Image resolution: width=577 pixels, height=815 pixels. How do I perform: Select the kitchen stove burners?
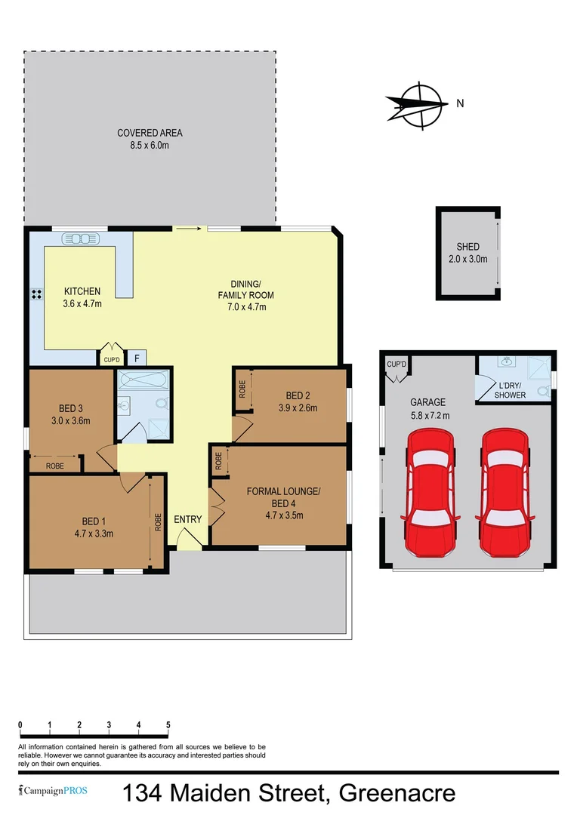point(35,294)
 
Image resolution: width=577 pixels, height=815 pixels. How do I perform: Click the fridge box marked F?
point(137,359)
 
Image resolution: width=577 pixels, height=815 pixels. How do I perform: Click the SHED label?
point(467,247)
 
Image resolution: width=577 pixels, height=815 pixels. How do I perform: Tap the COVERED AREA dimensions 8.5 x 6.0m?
point(150,145)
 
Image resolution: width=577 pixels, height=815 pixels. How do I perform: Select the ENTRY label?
point(188,519)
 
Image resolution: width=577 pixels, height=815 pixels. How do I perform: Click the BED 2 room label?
point(298,395)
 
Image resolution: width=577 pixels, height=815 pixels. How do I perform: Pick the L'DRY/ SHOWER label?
point(510,391)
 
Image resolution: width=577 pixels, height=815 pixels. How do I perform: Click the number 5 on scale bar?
point(168,724)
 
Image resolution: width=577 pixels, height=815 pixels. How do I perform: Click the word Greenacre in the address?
point(397,793)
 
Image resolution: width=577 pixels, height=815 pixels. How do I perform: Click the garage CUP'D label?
point(396,364)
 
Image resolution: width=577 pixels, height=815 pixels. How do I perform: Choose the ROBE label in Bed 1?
point(159,521)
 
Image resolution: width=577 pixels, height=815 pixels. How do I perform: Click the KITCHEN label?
point(82,291)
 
